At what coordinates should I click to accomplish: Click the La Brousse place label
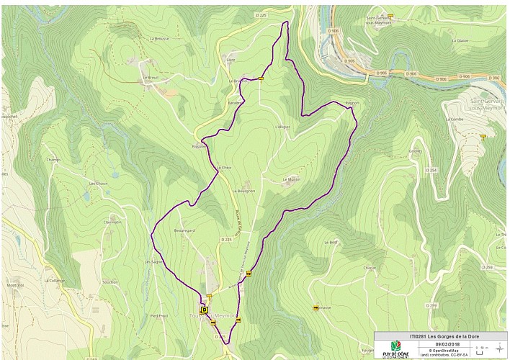[x=158, y=38]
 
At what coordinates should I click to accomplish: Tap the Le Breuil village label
[x=150, y=77]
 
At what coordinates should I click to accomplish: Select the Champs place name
[x=53, y=160]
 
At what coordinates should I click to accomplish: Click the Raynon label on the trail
[x=352, y=104]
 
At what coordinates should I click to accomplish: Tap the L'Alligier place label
[x=282, y=127]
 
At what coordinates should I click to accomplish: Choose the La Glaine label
[x=460, y=40]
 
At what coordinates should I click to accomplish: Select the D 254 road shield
[x=431, y=170]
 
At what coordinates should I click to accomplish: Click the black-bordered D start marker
[x=204, y=310]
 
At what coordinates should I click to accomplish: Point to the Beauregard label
[x=185, y=230]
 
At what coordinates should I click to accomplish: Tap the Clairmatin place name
[x=112, y=222]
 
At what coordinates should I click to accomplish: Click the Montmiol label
[x=16, y=285]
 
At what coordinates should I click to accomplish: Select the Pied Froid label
[x=158, y=315]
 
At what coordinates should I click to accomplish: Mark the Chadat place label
[x=370, y=268]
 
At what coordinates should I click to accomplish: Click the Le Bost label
[x=331, y=243]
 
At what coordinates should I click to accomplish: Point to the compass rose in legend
[x=499, y=348]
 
